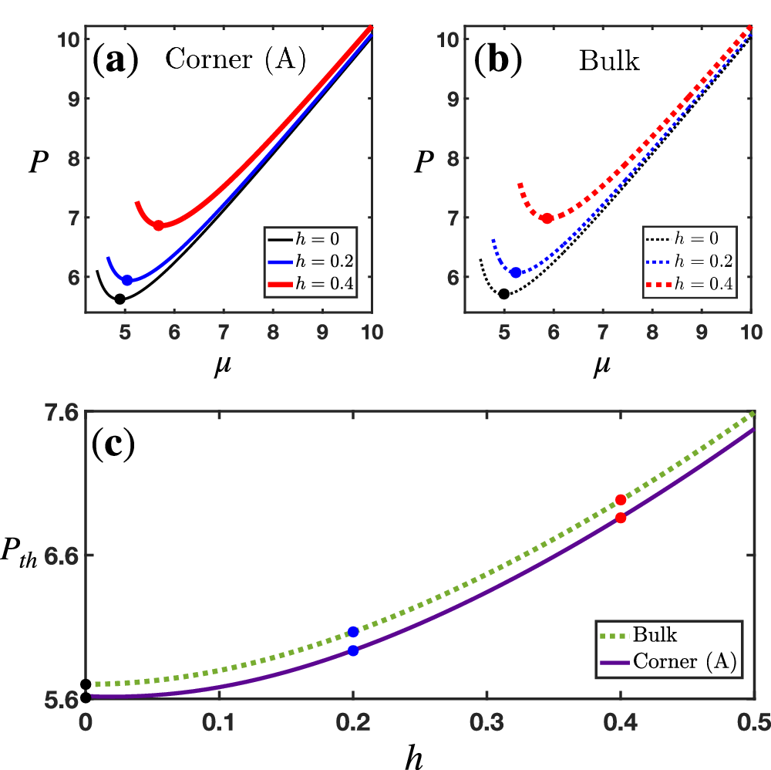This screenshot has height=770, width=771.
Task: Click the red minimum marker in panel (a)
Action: point(158,225)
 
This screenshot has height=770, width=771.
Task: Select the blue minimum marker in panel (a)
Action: point(127,280)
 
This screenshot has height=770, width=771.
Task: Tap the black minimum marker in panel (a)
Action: point(120,299)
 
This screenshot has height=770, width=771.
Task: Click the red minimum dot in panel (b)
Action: point(547,218)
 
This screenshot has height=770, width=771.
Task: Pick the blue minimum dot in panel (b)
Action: point(516,272)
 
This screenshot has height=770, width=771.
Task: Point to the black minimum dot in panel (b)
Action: point(503,293)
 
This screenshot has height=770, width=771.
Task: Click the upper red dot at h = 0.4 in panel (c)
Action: point(620,500)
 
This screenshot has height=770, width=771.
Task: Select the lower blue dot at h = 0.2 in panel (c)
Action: point(353,650)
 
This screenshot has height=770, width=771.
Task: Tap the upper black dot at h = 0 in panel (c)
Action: point(86,684)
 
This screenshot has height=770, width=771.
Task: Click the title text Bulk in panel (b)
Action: point(609,62)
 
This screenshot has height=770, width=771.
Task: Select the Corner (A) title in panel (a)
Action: point(235,62)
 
